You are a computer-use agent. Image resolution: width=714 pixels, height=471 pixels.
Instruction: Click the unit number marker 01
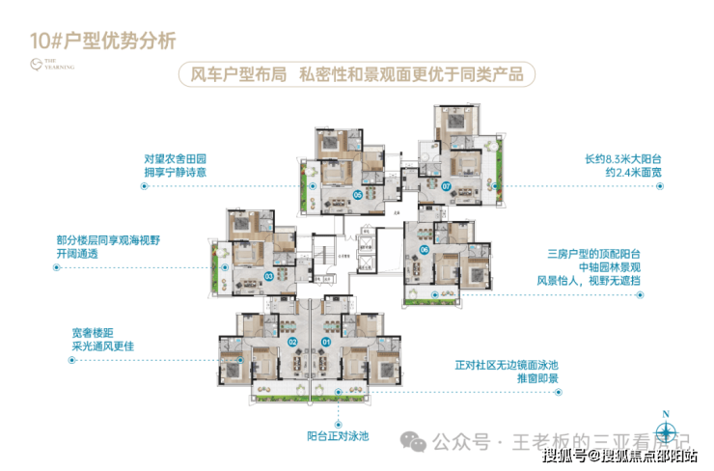pos(325,341)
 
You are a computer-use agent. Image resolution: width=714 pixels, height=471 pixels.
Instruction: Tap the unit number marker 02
pos(292,341)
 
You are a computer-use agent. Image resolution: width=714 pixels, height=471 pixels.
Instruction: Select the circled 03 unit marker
pos(267,275)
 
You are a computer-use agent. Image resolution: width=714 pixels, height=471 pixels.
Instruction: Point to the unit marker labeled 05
pos(358,194)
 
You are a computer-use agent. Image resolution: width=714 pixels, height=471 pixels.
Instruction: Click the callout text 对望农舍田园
pos(176,157)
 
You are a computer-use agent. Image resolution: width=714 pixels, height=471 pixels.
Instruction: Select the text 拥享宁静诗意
pos(176,174)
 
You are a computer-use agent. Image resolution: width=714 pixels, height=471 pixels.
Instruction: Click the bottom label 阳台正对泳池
pos(339,436)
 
